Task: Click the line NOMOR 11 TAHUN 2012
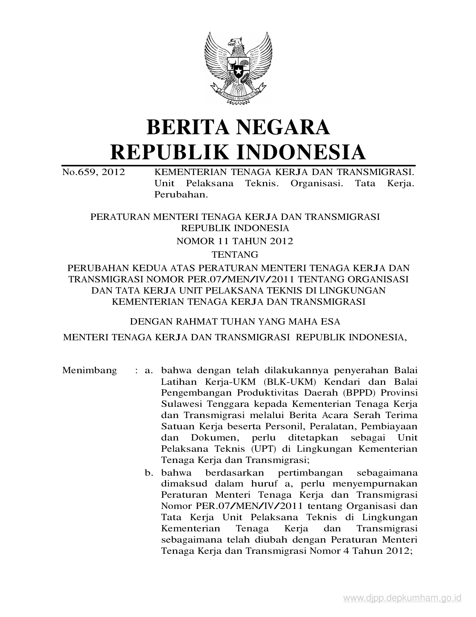[234, 241]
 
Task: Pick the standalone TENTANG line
[235, 255]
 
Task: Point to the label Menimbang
[90, 371]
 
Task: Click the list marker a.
[149, 371]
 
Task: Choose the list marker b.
[149, 473]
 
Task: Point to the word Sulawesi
[178, 404]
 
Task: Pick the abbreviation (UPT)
[261, 449]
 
